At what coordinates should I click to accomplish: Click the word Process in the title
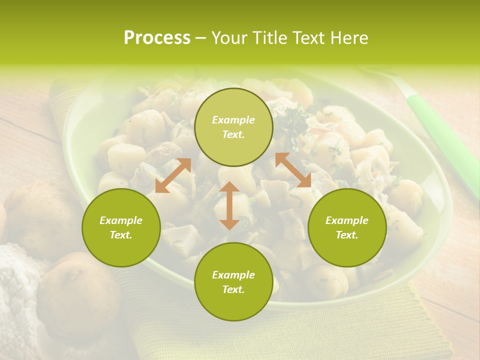click(x=157, y=38)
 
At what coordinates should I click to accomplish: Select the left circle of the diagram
click(x=121, y=227)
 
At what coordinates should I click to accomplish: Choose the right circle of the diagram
click(x=347, y=227)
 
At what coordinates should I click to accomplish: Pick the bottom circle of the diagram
click(x=233, y=281)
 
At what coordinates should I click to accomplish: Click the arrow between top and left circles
click(x=173, y=175)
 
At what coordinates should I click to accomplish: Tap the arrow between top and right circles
click(x=293, y=170)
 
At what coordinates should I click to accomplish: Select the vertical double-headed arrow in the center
click(x=229, y=205)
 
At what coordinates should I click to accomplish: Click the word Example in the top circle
click(x=233, y=120)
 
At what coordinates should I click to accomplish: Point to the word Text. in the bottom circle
click(x=233, y=289)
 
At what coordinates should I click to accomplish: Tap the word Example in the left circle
click(x=121, y=220)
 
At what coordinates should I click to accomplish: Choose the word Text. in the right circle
click(x=347, y=235)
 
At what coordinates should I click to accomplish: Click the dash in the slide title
click(x=201, y=38)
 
